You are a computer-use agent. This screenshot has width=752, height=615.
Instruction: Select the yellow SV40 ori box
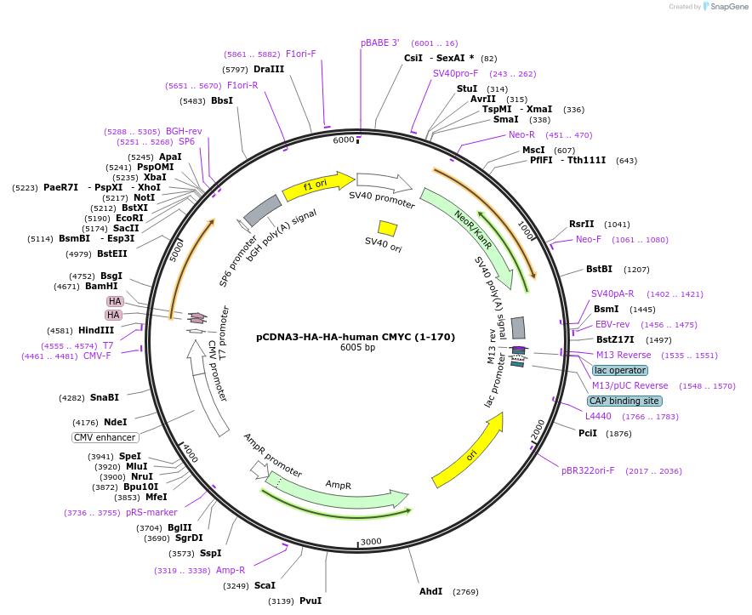click(x=387, y=228)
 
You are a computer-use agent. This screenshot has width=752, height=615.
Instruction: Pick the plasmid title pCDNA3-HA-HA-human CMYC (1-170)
click(x=356, y=337)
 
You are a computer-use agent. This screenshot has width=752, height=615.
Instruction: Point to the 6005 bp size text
click(x=356, y=348)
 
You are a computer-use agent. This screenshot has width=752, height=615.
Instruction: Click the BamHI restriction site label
click(x=101, y=287)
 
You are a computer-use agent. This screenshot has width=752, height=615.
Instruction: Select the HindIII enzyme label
click(x=97, y=331)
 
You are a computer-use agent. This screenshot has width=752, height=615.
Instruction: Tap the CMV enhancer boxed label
click(x=105, y=437)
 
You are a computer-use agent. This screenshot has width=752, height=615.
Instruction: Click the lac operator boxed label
click(x=620, y=370)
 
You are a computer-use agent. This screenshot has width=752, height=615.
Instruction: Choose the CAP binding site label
click(x=624, y=401)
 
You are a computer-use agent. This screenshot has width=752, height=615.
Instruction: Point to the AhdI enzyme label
click(x=430, y=591)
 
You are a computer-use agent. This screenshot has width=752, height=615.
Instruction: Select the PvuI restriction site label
click(x=310, y=601)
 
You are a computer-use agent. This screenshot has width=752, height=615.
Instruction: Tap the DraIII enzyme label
click(x=269, y=69)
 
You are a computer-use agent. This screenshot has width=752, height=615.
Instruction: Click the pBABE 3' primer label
click(x=380, y=43)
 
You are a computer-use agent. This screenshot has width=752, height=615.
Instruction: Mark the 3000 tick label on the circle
click(x=371, y=542)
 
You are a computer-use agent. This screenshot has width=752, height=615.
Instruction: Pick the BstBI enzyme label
click(x=599, y=270)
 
